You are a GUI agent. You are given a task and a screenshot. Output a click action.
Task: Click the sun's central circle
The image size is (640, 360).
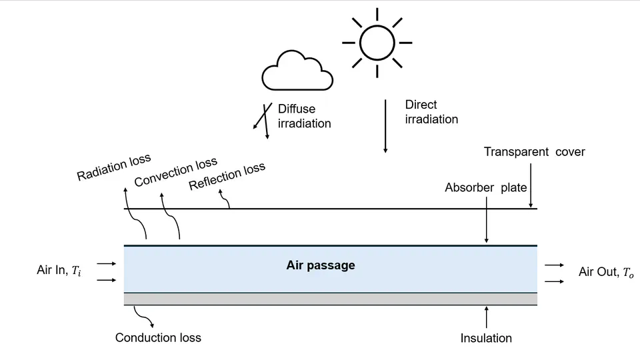[x=377, y=42]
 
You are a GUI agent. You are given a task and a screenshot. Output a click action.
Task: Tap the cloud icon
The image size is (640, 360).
[x=297, y=72]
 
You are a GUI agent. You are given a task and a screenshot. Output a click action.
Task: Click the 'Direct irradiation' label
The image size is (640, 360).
[x=431, y=112]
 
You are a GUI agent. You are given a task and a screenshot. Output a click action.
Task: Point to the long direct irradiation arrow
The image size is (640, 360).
[x=385, y=127]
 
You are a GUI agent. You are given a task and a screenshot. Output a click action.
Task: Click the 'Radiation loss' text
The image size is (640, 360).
[x=114, y=167]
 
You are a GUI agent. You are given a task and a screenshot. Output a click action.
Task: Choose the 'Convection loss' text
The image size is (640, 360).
[x=175, y=173]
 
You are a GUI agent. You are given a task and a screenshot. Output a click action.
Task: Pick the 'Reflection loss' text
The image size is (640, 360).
[x=227, y=177]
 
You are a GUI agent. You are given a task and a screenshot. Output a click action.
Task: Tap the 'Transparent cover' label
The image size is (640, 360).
[x=534, y=152]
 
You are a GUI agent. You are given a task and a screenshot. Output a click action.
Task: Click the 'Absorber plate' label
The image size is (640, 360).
[x=486, y=187]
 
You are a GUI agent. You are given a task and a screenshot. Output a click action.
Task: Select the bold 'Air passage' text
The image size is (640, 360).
[x=321, y=265]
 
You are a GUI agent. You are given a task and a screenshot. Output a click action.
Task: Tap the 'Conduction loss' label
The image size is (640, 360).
[x=158, y=337]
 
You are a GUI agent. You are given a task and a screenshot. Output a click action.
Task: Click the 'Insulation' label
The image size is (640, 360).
[x=486, y=338]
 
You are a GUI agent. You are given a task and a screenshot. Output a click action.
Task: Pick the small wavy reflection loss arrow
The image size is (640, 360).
[x=226, y=200]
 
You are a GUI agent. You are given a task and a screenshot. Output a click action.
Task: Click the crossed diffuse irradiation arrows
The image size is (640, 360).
[x=263, y=121]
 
